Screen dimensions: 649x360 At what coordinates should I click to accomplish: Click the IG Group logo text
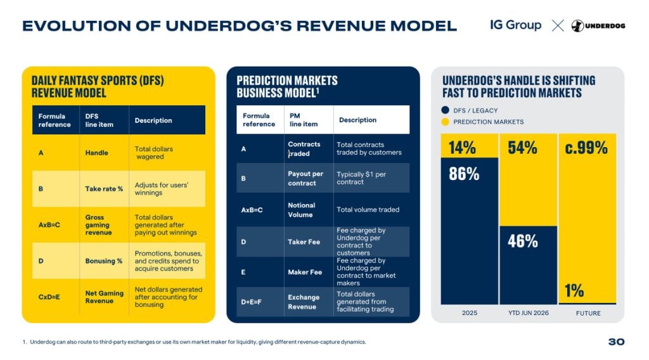515,25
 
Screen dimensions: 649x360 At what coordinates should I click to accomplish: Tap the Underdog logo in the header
598,25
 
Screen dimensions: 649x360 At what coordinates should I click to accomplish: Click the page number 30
616,342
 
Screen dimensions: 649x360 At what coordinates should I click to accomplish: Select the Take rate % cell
104,189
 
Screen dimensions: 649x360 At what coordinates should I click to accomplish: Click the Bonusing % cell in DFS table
104,261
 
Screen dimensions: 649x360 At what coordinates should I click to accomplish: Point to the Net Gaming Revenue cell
105,297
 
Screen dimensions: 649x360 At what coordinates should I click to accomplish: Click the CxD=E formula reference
49,297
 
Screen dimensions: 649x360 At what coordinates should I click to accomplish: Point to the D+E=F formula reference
251,302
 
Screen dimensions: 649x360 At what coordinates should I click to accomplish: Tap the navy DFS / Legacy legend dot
446,110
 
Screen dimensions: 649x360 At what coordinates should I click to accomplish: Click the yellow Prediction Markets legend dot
446,122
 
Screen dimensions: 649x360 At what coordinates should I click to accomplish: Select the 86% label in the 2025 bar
464,174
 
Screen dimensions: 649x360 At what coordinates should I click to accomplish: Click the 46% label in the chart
523,241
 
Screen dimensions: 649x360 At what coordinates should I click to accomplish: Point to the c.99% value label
586,148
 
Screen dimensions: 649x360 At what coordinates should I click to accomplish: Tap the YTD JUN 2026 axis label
529,313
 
